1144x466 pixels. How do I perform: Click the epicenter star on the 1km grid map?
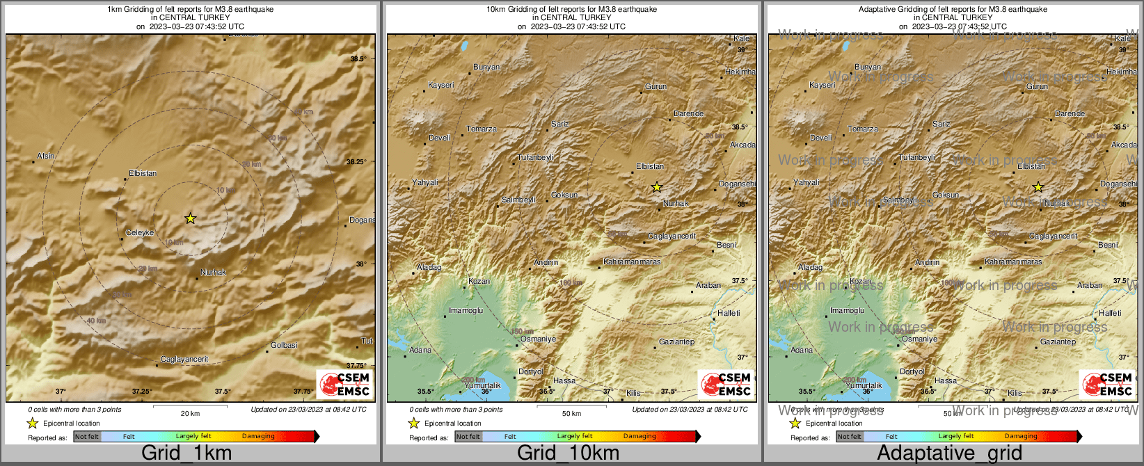190,218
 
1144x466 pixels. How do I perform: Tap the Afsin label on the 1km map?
46,156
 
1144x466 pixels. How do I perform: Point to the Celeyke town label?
140,233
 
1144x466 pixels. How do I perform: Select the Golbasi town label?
284,345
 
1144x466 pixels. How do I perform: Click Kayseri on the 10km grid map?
441,85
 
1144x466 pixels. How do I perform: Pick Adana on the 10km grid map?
420,350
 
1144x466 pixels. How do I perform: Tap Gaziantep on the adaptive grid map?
1058,342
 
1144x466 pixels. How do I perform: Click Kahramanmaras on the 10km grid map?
632,262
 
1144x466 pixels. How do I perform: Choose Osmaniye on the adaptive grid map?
919,339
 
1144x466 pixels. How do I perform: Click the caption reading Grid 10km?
568,453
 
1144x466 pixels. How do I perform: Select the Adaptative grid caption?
949,453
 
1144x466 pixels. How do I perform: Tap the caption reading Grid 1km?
186,453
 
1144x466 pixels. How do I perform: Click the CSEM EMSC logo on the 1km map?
344,384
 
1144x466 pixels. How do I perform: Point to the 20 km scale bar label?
190,414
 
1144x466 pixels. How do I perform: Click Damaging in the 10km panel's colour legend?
639,436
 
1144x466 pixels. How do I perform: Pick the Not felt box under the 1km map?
87,436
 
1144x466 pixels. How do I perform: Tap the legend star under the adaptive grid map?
795,423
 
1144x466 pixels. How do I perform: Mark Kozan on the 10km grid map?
479,281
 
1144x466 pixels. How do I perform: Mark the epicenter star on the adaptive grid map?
1038,187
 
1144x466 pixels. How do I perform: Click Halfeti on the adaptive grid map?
1110,313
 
